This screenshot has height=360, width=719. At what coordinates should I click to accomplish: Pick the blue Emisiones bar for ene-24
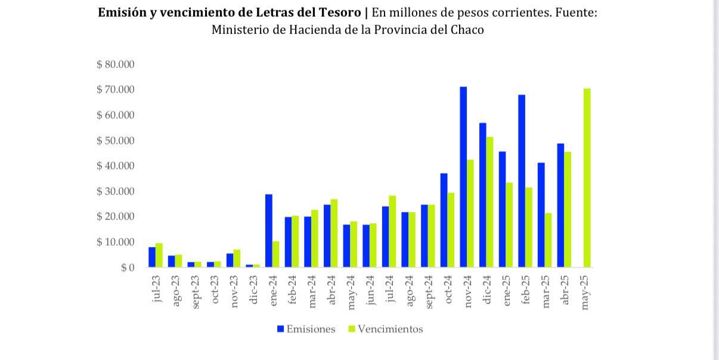tap(268, 231)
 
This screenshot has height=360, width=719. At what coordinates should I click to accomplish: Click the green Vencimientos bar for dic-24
tap(490, 202)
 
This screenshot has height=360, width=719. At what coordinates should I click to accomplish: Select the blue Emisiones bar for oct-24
tap(444, 220)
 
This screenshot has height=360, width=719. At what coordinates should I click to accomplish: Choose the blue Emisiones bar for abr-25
tap(560, 205)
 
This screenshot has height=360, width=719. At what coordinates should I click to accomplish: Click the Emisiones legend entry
tap(305, 329)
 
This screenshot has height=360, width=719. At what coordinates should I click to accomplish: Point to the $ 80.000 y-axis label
tap(116, 64)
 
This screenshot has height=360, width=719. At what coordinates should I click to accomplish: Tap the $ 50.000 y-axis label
tap(116, 141)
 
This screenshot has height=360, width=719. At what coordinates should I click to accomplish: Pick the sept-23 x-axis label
tap(195, 291)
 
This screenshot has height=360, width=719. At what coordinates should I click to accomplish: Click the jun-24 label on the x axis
tap(371, 290)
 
